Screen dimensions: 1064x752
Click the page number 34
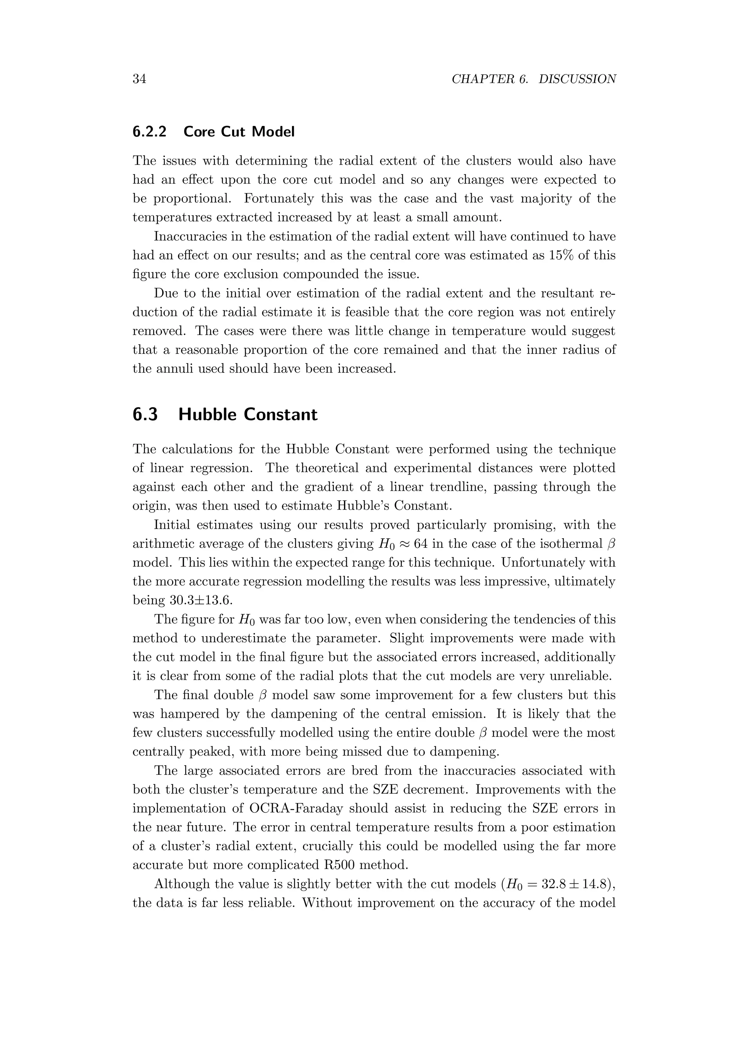pos(140,79)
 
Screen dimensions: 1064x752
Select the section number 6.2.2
pos(149,132)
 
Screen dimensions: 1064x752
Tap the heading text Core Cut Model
pos(239,132)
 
